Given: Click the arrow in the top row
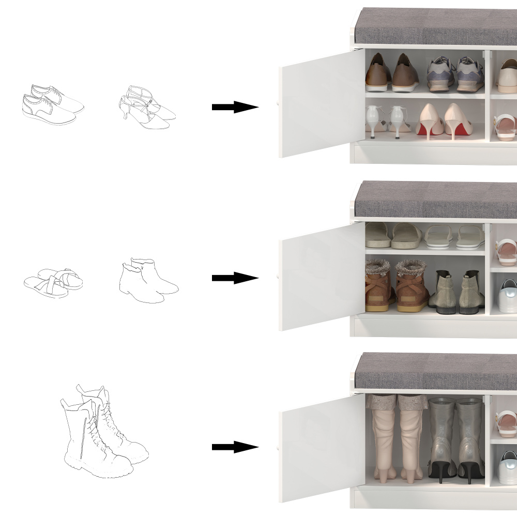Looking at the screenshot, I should pyautogui.click(x=234, y=108).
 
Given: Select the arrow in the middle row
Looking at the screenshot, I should pyautogui.click(x=234, y=278).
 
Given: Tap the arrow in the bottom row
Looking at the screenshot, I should pyautogui.click(x=234, y=447).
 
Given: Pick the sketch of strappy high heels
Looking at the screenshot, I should pyautogui.click(x=147, y=107).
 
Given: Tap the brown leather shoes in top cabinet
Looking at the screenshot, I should pyautogui.click(x=391, y=73).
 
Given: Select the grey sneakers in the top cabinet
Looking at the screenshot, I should pyautogui.click(x=455, y=74).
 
